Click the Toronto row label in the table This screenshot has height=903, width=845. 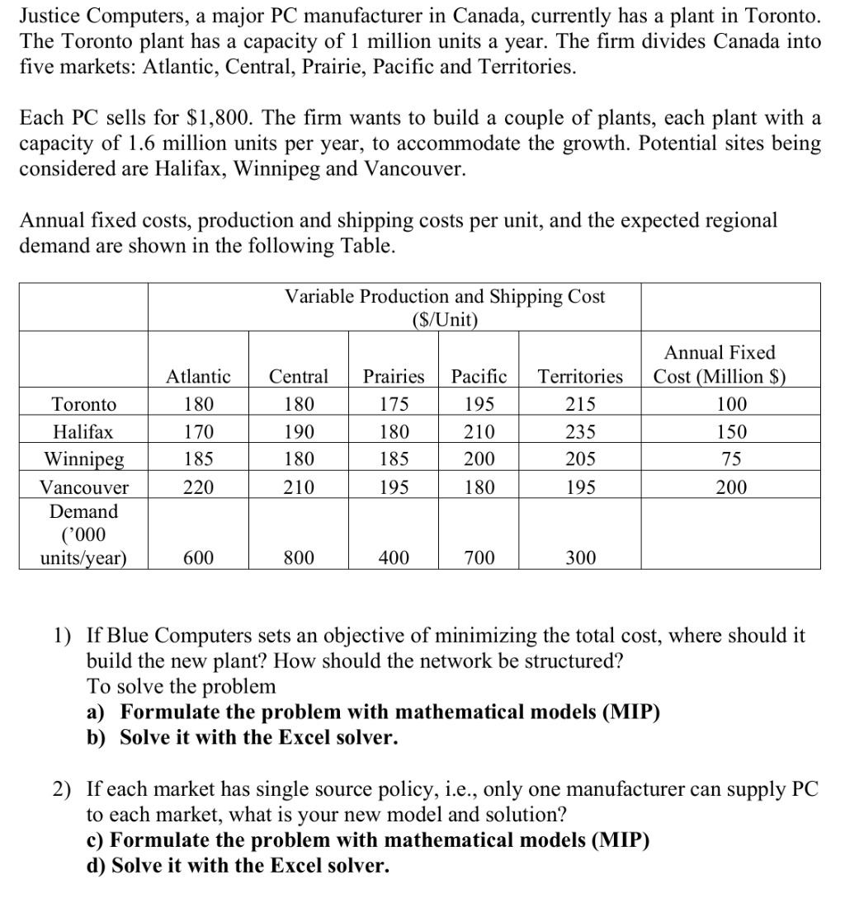[x=84, y=404]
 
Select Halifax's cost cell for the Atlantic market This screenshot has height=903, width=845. [x=198, y=431]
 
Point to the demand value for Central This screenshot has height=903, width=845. [x=298, y=558]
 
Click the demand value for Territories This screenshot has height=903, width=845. [x=580, y=558]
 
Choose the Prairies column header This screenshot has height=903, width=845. [x=394, y=377]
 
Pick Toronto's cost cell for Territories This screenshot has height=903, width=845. [x=580, y=404]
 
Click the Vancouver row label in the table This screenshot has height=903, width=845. [x=84, y=487]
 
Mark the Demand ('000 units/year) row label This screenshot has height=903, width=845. [x=84, y=534]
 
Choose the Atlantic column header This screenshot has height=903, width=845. [x=198, y=377]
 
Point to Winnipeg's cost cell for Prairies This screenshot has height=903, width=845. [x=394, y=459]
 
